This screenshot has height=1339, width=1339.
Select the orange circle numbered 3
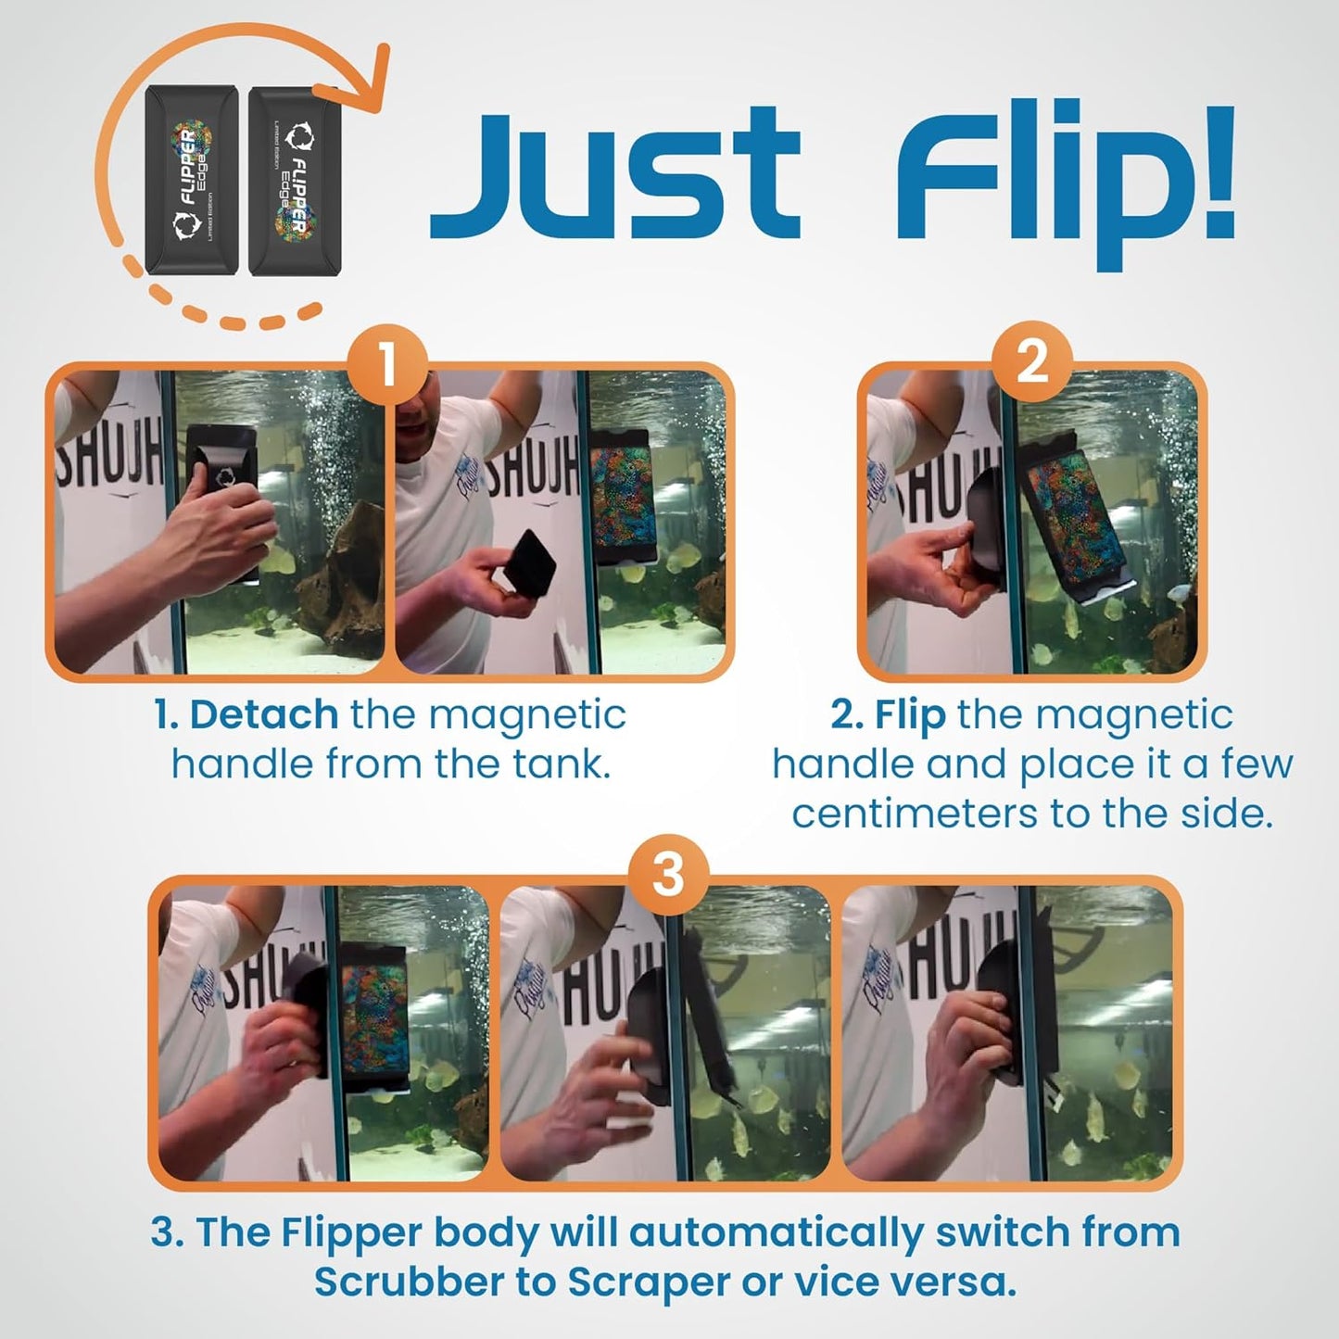point(668,875)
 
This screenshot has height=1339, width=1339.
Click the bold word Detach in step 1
point(263,715)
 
